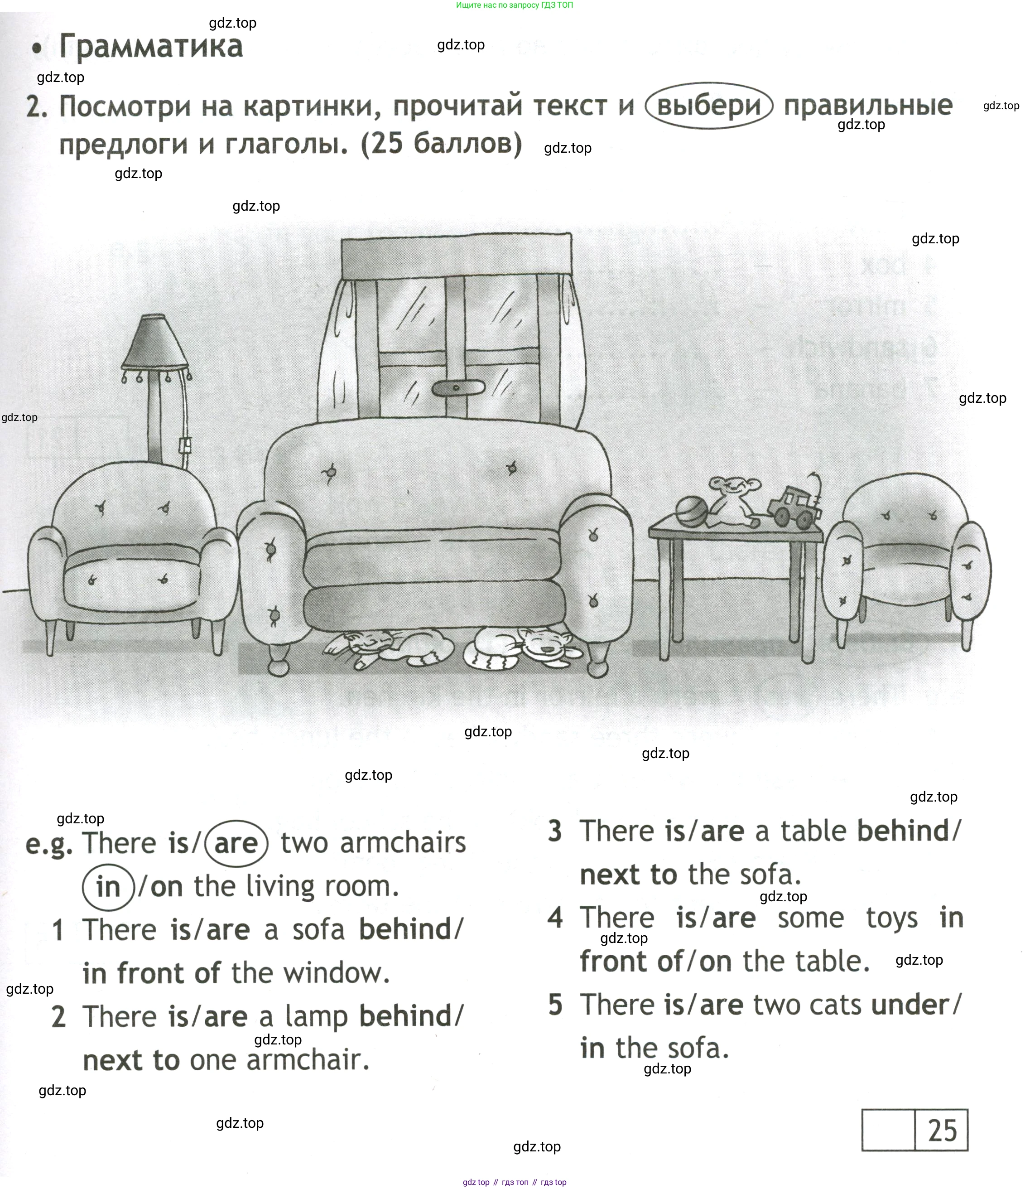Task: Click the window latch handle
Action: [455, 387]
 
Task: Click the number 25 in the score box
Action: [942, 1131]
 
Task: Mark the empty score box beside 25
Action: [888, 1131]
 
